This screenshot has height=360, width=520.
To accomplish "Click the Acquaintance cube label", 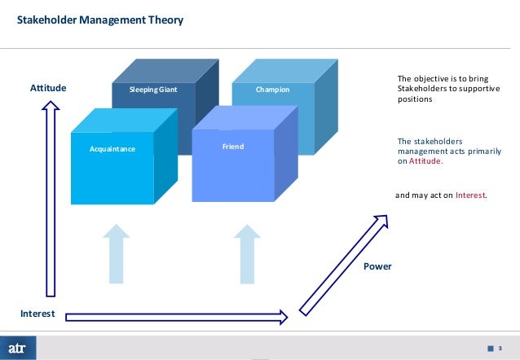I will tap(112, 150).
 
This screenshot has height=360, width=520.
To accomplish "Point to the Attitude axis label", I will tap(48, 88).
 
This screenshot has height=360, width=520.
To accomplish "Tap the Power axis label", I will tap(377, 266).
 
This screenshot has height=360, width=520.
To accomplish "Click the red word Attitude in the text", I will tap(424, 161).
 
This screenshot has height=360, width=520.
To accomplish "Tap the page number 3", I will tap(500, 348).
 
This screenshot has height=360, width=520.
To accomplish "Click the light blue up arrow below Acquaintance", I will tap(117, 252).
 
